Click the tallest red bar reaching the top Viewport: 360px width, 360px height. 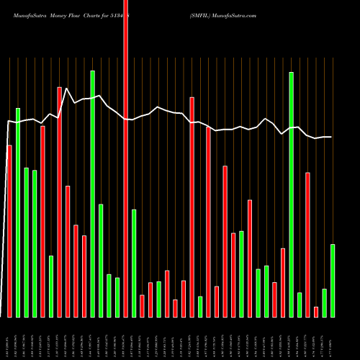coord(126,158)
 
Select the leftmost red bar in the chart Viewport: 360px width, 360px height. coord(9,230)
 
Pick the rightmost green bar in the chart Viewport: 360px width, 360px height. coord(332,281)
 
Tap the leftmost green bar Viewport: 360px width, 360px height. coord(18,212)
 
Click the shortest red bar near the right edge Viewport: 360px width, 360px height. coord(315,312)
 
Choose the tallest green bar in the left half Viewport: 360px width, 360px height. coord(92,194)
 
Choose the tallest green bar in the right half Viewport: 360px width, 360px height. coord(291,194)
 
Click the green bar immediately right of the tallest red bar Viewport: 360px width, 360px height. coord(134,263)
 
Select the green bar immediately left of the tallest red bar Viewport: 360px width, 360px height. coord(117,297)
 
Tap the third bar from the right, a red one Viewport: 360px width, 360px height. coord(315,312)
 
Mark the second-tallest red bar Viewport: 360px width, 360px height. coord(60,202)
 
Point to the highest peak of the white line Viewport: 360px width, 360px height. coord(67,89)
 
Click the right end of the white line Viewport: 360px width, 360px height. coord(331,137)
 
